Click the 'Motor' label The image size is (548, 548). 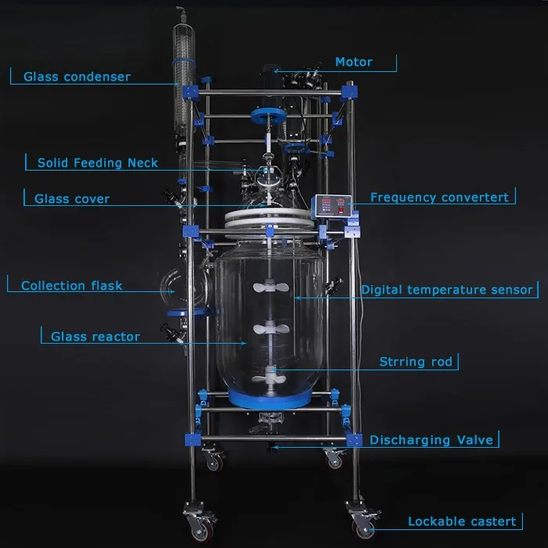pos(353,62)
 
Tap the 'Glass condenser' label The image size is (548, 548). pos(77,77)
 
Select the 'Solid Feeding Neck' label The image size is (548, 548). pos(97,163)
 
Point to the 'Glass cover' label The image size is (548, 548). pos(72,199)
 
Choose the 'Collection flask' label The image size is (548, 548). pos(71,286)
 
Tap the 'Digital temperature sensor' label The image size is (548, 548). pos(446,290)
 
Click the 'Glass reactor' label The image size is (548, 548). pos(96,337)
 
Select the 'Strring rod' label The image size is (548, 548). pos(415,362)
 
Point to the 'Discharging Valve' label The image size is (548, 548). pos(431,440)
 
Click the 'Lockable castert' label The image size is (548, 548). pos(461,521)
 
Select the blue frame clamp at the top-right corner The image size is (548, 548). pos(349,91)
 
